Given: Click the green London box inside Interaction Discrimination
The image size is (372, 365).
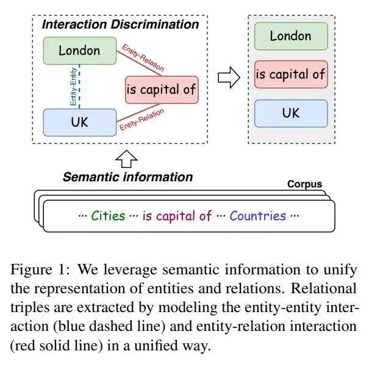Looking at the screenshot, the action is [x=80, y=50].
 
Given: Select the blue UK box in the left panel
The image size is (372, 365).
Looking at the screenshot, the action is [x=80, y=122].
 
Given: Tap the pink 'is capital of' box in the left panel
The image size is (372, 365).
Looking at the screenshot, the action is [x=162, y=89].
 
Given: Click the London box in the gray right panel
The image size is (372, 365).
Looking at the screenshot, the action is [x=291, y=36].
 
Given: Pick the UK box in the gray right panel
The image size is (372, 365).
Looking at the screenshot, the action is [x=291, y=113].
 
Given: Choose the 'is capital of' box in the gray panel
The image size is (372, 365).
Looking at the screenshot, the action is [x=291, y=74].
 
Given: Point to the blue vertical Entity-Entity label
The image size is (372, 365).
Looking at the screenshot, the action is [x=73, y=86].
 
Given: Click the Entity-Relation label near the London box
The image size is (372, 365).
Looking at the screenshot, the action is [x=143, y=58].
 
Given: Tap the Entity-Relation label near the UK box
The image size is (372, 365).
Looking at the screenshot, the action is [x=141, y=119].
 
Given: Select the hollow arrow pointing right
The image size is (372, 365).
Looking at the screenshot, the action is [x=229, y=78].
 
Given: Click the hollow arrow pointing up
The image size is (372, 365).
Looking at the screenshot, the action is [x=126, y=159].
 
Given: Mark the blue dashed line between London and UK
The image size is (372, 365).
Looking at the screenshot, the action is [x=79, y=86].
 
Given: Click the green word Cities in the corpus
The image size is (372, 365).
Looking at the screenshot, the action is [x=108, y=216].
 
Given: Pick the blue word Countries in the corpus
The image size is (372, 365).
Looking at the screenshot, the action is [x=258, y=216].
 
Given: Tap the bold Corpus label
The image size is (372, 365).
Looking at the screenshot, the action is [x=305, y=184].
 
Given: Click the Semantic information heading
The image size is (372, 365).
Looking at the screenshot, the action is [x=128, y=177].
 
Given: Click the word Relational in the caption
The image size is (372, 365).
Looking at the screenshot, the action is [x=324, y=288].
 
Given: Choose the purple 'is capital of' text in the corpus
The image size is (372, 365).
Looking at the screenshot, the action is [x=177, y=216].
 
